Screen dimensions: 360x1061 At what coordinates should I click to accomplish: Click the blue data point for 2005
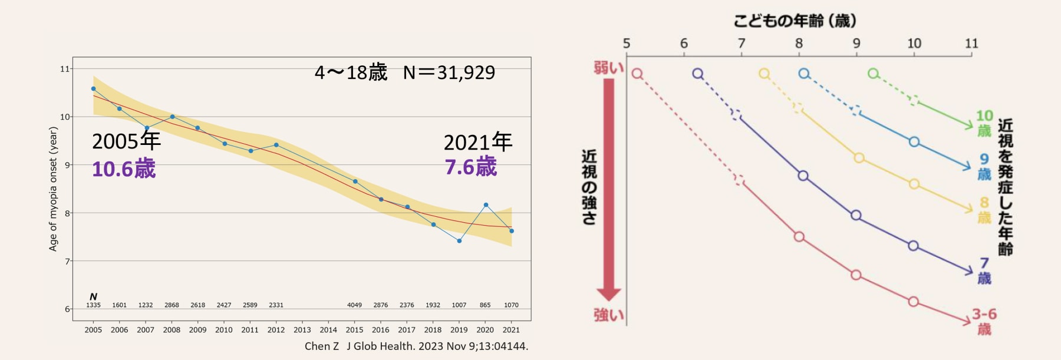[93, 89]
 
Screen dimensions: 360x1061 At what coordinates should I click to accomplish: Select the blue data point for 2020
[486, 205]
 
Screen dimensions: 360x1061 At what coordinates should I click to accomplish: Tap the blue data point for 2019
[459, 241]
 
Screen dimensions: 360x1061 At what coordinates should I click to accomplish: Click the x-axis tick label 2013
[302, 330]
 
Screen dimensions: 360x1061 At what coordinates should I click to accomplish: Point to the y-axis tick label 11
[64, 69]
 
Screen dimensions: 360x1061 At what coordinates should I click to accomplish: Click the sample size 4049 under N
[354, 305]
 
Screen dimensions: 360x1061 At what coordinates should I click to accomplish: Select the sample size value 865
[485, 305]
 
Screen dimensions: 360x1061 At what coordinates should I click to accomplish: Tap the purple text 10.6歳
[124, 169]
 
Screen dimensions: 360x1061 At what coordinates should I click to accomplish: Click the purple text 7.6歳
[471, 167]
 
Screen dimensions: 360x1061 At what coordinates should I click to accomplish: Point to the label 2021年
[477, 143]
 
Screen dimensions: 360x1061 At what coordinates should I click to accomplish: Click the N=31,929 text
[449, 72]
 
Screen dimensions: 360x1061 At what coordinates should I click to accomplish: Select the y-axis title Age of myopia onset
[53, 189]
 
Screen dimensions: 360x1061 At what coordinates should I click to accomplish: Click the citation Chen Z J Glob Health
[416, 346]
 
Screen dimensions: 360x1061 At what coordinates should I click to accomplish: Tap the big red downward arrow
[609, 189]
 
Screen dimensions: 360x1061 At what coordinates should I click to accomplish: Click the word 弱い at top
[608, 68]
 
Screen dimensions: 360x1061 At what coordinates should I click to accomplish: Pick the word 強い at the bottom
[608, 315]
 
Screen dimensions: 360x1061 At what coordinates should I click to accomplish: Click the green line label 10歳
[984, 123]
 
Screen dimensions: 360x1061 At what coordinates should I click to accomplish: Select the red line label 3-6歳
[984, 321]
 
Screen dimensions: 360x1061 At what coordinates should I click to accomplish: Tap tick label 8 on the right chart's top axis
[799, 44]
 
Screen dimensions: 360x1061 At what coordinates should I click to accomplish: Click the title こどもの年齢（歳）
[795, 21]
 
